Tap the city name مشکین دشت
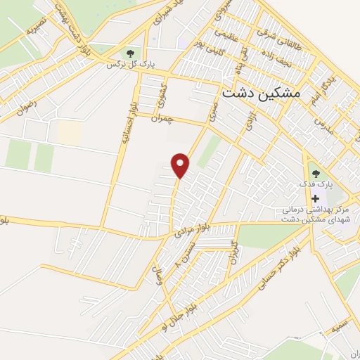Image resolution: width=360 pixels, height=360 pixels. pos(260,93)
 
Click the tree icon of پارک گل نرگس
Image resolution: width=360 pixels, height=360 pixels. pos(129,53)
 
